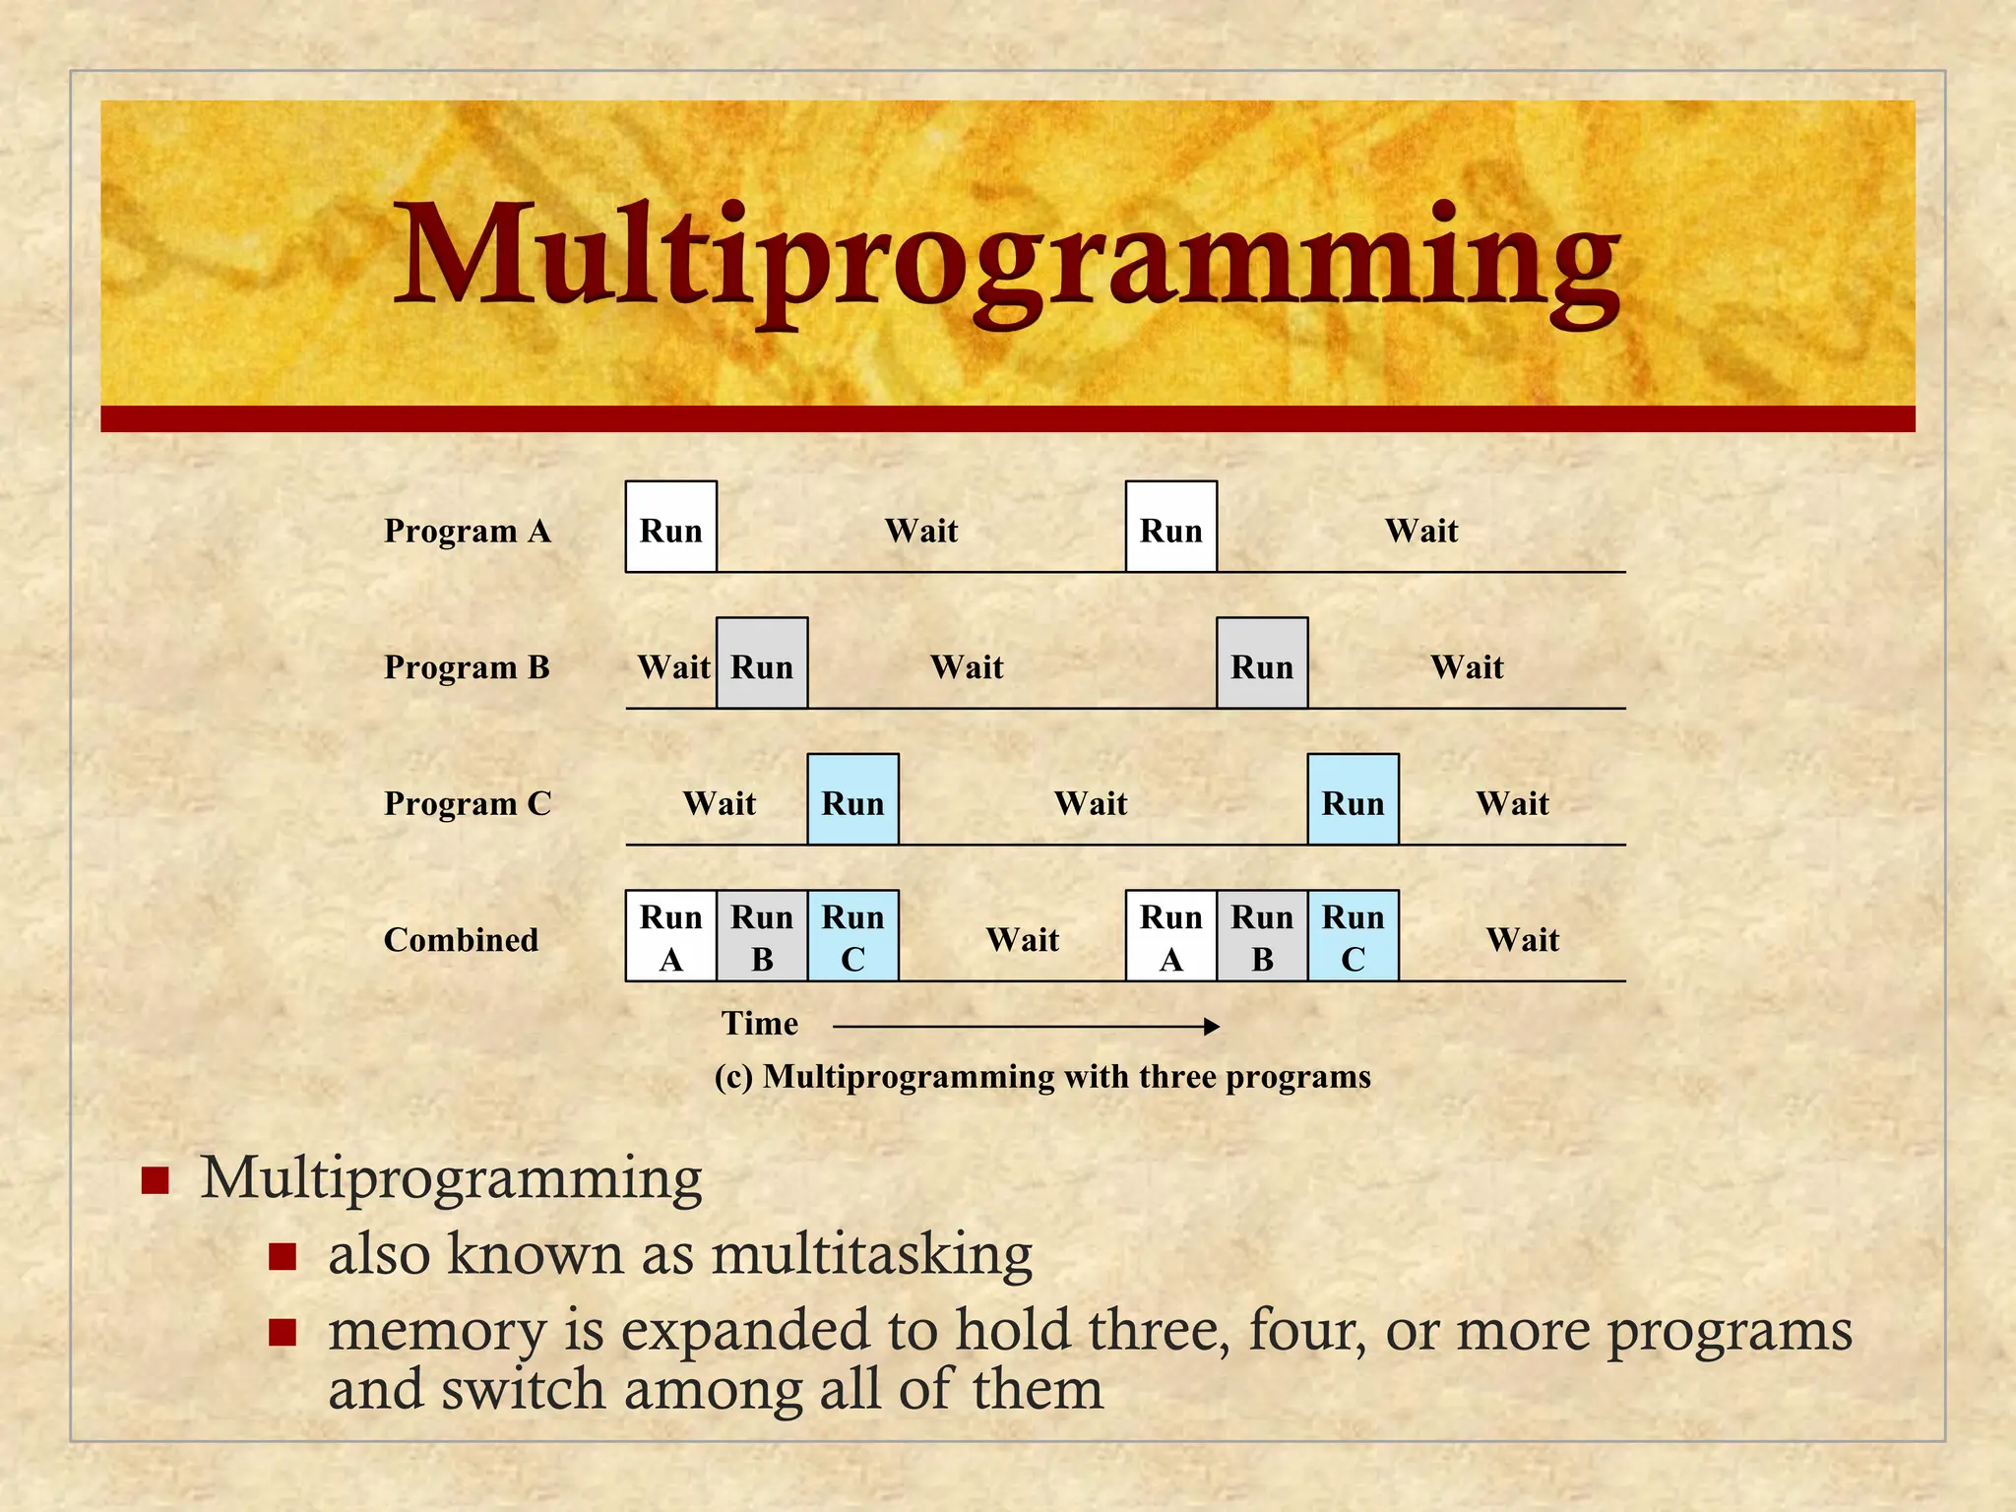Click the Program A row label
tap(467, 532)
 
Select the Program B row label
tap(467, 667)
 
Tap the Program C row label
tap(467, 803)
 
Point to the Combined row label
tap(461, 940)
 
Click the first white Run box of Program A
tap(671, 527)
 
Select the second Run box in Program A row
tap(1171, 527)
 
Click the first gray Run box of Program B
tap(762, 663)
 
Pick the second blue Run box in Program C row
tap(1354, 799)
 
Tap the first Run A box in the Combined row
tap(671, 936)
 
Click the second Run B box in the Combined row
tap(1262, 936)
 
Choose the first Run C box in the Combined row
tap(852, 936)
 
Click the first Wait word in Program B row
tap(673, 667)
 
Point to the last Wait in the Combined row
tap(1523, 940)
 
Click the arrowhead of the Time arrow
tap(1213, 1027)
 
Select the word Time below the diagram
tap(760, 1024)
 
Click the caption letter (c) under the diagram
tap(733, 1077)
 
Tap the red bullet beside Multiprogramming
tap(156, 1180)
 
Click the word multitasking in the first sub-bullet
tap(872, 1255)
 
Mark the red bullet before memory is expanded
tap(283, 1333)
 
